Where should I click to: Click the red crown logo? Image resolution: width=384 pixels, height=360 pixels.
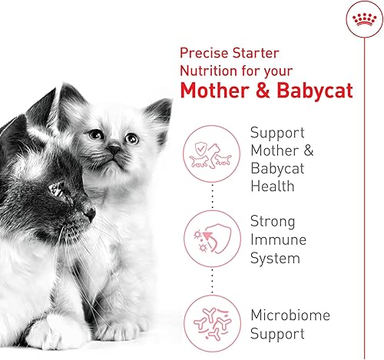click(x=364, y=20)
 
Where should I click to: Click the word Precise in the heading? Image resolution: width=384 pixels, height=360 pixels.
click(x=204, y=53)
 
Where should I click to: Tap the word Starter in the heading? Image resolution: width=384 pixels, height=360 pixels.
click(x=256, y=53)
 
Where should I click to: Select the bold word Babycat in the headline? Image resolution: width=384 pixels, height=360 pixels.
click(x=315, y=91)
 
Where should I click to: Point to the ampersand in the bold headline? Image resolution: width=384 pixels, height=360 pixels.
click(x=263, y=91)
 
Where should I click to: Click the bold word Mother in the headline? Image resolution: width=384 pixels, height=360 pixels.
click(x=214, y=91)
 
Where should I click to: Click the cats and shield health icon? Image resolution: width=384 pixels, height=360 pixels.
click(x=211, y=154)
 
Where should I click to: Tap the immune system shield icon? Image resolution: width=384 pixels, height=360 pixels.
click(x=212, y=239)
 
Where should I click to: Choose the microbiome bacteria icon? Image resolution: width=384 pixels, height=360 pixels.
click(x=212, y=324)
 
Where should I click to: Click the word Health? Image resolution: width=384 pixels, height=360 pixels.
click(x=273, y=186)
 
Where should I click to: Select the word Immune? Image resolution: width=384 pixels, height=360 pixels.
click(x=278, y=239)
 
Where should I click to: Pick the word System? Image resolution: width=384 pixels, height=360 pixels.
click(x=275, y=258)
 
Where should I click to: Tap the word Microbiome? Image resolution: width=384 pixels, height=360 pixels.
click(x=290, y=315)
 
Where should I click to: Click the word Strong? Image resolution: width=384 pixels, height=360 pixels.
click(x=273, y=222)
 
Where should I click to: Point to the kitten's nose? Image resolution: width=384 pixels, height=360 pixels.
click(x=114, y=148)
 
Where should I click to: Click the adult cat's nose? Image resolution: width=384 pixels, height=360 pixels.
click(x=91, y=213)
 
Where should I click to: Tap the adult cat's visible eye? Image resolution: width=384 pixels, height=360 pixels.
click(x=57, y=190)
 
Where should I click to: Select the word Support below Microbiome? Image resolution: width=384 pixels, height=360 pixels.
click(x=277, y=334)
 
